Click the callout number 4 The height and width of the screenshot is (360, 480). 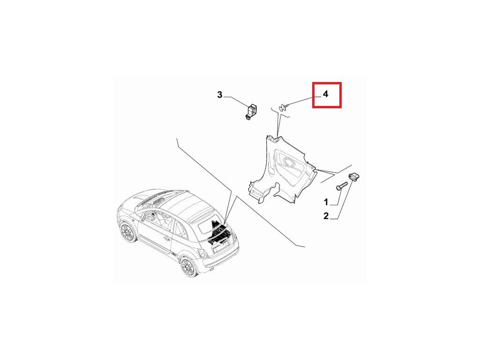pyautogui.click(x=325, y=94)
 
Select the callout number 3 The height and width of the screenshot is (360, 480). pyautogui.click(x=219, y=95)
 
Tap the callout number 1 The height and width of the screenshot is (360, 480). pyautogui.click(x=326, y=202)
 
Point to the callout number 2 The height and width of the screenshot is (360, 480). pyautogui.click(x=326, y=216)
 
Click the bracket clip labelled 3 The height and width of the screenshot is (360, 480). pyautogui.click(x=251, y=112)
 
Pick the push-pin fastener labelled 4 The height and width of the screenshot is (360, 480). pyautogui.click(x=284, y=107)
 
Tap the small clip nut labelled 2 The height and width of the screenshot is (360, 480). pyautogui.click(x=354, y=177)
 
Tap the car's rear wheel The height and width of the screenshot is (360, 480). pyautogui.click(x=187, y=267)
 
